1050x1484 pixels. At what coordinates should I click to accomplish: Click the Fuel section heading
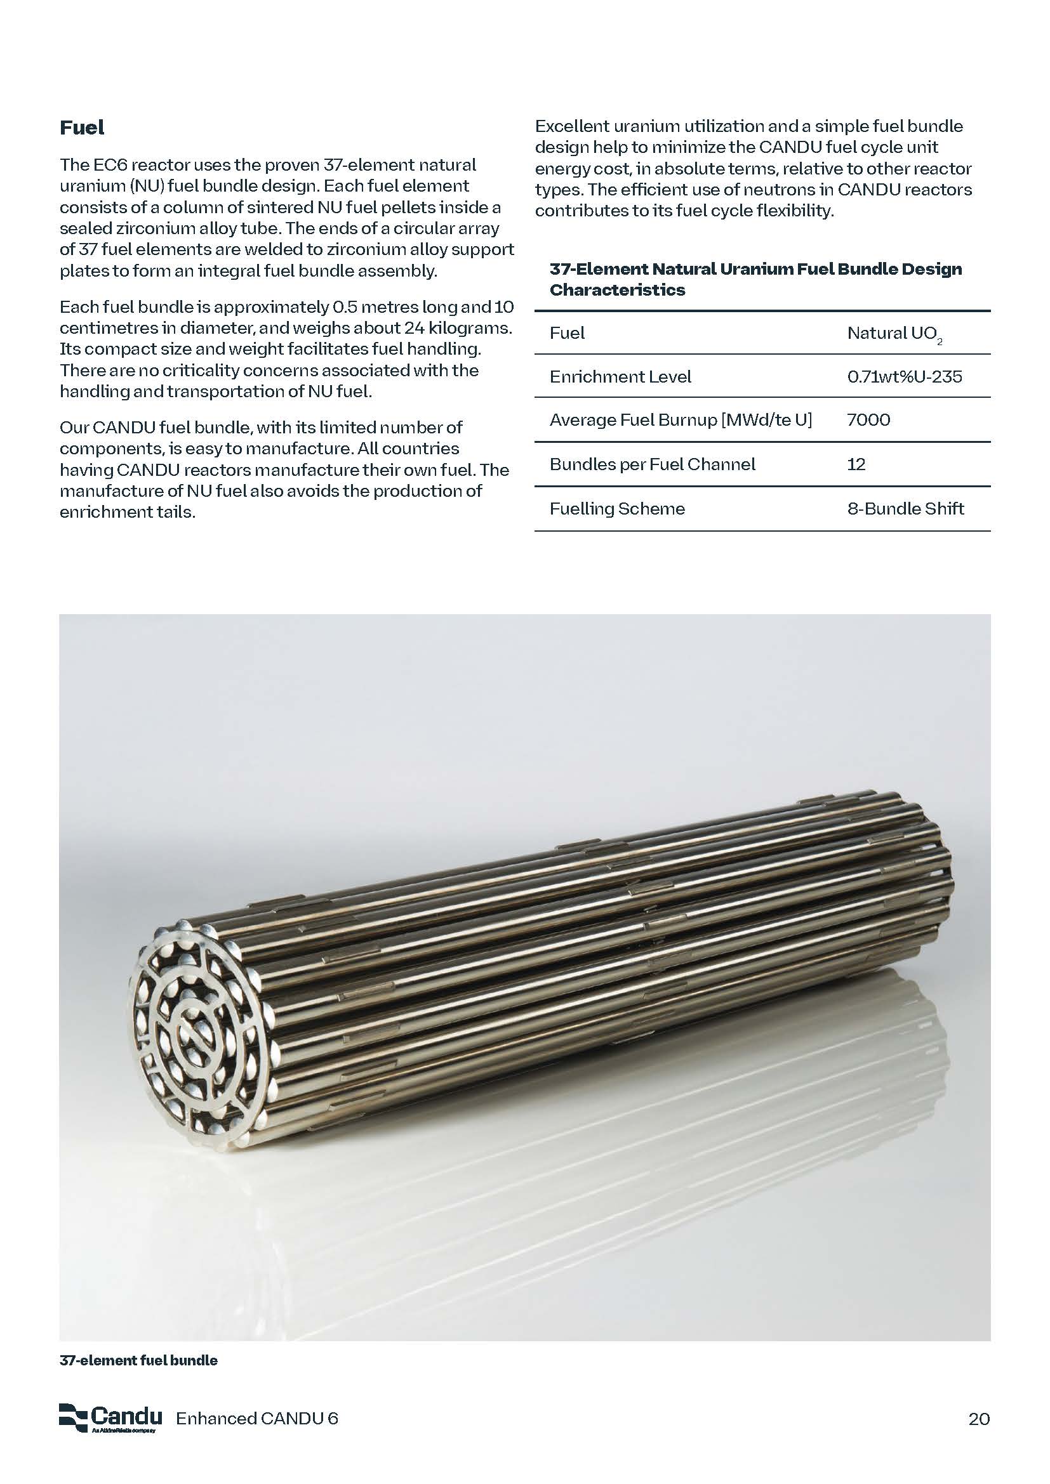tap(81, 128)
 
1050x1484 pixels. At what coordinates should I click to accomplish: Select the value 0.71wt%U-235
tap(904, 377)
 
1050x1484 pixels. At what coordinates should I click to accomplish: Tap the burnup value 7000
tap(868, 420)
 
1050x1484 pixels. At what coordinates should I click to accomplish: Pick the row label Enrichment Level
tap(620, 377)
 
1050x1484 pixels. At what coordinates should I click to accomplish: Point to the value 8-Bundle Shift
tap(905, 509)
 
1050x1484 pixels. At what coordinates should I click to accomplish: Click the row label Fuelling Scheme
tap(617, 509)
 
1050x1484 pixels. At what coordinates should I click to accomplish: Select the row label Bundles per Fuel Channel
tap(652, 464)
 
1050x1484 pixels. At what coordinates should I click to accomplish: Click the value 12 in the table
tap(856, 464)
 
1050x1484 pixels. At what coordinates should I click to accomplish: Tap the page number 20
tap(979, 1419)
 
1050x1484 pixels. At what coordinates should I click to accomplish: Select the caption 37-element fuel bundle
tap(138, 1360)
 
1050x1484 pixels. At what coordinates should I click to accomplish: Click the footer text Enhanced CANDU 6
tap(256, 1419)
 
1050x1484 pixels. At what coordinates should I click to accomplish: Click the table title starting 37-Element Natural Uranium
tap(755, 279)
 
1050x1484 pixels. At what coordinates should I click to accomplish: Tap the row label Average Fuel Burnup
tap(680, 420)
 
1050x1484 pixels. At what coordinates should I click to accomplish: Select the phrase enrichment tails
tap(128, 512)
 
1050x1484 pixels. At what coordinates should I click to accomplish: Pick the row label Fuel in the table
tap(566, 334)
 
